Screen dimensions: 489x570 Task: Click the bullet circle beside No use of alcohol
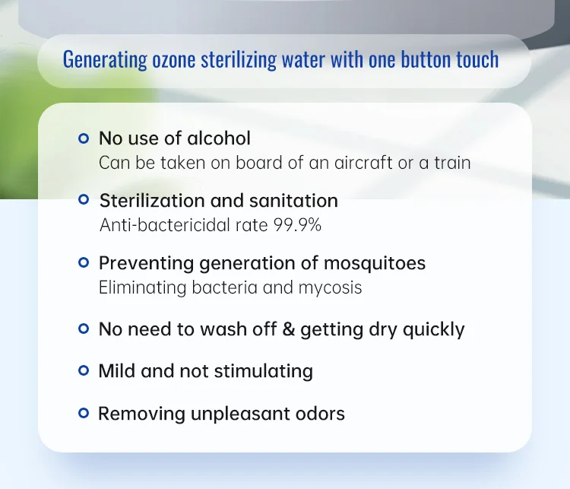84,138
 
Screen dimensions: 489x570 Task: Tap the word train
452,163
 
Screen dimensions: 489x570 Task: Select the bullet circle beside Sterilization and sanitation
84,201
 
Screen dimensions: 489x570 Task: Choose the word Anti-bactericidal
157,225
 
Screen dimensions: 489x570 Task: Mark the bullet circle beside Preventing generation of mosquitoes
84,263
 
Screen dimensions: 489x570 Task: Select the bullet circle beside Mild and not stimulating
84,371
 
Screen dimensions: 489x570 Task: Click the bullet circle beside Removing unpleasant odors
84,414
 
